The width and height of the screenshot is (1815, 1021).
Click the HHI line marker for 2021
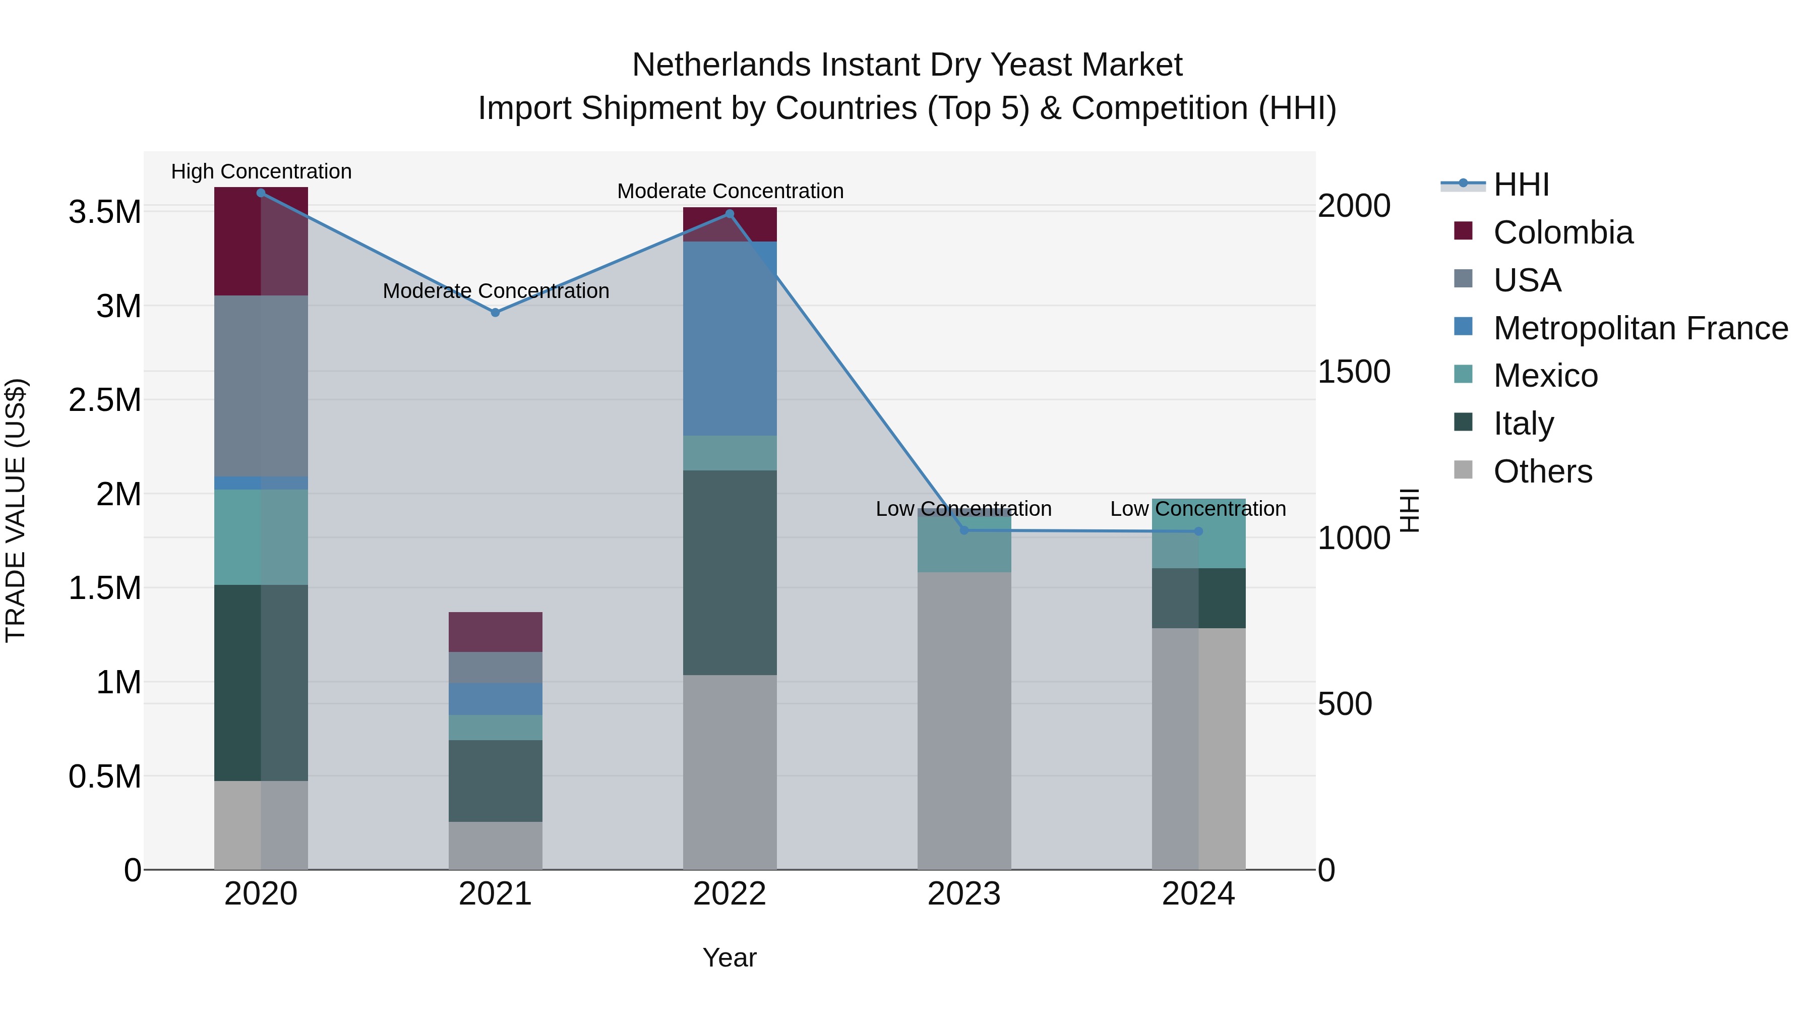click(495, 312)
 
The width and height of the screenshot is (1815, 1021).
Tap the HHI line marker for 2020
click(261, 193)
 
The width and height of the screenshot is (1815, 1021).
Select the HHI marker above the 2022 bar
click(729, 214)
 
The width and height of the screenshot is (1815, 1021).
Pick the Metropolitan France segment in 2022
click(729, 338)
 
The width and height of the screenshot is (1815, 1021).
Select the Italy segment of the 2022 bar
click(729, 572)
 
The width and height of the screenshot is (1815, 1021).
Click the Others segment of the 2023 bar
click(964, 720)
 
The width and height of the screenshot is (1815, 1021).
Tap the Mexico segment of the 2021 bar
click(495, 727)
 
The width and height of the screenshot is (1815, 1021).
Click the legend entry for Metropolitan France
click(1640, 328)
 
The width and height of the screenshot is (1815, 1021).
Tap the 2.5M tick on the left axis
click(105, 400)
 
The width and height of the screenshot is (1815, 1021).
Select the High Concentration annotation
click(261, 171)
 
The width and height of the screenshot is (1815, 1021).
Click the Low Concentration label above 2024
click(1198, 509)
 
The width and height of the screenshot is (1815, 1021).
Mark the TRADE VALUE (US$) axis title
click(16, 510)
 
